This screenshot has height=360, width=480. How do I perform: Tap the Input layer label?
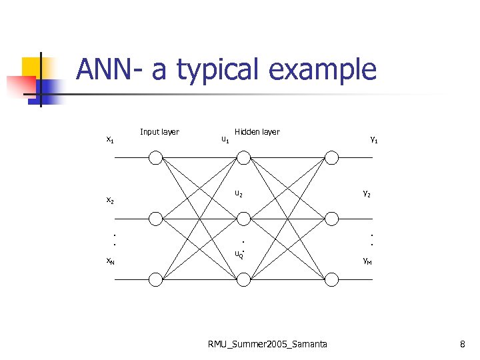(x=159, y=131)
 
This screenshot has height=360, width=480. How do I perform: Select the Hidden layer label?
(x=257, y=131)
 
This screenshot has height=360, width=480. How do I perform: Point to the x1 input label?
(x=110, y=139)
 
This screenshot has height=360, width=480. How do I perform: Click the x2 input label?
(x=110, y=200)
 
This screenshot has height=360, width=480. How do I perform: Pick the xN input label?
(x=110, y=261)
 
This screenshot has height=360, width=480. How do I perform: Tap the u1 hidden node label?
(x=225, y=139)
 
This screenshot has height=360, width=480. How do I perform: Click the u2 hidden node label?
(x=238, y=194)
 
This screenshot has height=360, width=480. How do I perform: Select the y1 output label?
(x=374, y=139)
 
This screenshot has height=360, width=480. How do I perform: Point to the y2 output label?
(x=367, y=194)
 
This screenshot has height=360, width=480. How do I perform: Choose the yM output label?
(x=367, y=261)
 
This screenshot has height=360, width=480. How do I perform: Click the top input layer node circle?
(x=155, y=157)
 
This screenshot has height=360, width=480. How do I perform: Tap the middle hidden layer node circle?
(x=244, y=218)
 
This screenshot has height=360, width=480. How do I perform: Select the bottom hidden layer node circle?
(x=244, y=279)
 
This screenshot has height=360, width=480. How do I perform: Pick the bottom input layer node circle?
(x=155, y=279)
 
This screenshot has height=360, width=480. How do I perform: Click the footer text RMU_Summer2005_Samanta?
(x=267, y=344)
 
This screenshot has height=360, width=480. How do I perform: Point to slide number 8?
(x=462, y=344)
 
